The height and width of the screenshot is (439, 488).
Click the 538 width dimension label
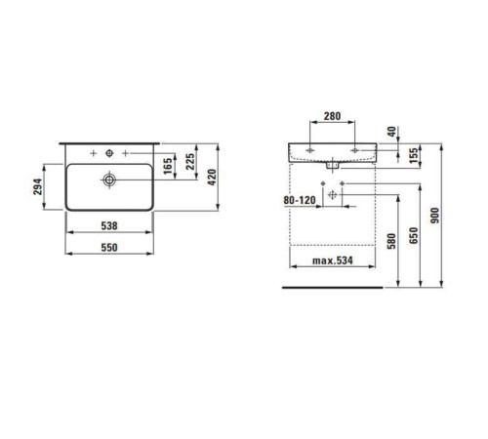pos(109,225)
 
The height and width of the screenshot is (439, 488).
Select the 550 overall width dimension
pos(109,248)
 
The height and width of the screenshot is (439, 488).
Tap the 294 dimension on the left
pos(38,186)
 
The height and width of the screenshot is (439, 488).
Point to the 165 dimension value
pos(168,166)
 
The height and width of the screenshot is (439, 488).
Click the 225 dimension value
pos(190,162)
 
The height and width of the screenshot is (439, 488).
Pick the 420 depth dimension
pos(212,178)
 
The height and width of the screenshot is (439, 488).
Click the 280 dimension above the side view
pos(332,116)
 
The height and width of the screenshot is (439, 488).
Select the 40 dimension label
pos(392,132)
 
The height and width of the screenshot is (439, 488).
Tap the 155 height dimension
pos(414,156)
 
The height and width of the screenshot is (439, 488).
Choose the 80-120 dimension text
pos(300,200)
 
